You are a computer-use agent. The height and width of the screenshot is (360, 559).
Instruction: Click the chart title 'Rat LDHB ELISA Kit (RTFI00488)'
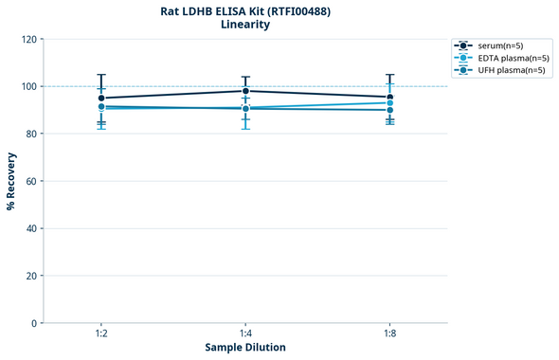(245, 10)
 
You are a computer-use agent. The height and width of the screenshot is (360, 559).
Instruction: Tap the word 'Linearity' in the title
(245, 25)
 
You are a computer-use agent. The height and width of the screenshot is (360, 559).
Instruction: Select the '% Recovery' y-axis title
(11, 180)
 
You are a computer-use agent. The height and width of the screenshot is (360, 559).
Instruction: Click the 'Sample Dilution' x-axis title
(245, 348)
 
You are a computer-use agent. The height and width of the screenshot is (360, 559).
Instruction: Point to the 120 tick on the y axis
(28, 39)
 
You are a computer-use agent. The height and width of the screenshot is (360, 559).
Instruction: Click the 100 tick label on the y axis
(28, 86)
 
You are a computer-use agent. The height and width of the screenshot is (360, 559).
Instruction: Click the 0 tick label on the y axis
(34, 323)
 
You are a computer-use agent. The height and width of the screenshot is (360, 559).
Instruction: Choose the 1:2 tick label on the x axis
(101, 334)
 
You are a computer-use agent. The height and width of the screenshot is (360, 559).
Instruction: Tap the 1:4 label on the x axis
(245, 334)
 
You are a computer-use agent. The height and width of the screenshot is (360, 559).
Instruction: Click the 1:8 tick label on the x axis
(389, 334)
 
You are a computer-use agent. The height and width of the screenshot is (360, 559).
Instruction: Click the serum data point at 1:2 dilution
(101, 98)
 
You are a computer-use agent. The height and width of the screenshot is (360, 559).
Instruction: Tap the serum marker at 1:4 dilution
(245, 91)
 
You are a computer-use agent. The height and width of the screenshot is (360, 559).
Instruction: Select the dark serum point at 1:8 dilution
(389, 97)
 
